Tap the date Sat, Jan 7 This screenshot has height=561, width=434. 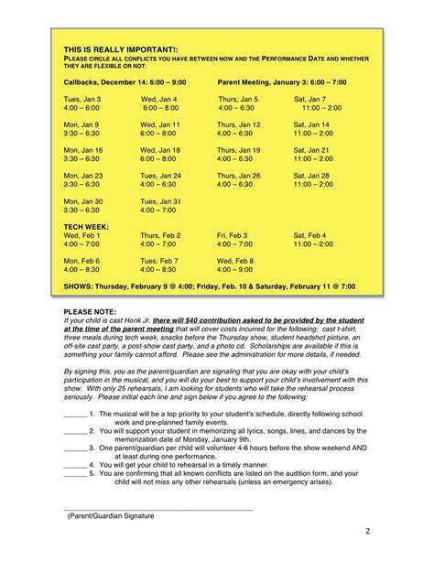(310, 99)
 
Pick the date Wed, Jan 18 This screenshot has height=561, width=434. (160, 150)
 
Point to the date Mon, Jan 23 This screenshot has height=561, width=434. (82, 175)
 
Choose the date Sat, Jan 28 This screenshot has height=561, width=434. (311, 175)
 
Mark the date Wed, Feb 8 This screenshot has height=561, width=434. (235, 261)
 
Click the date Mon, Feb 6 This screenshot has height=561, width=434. (81, 261)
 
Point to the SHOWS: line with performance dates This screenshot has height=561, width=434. (209, 286)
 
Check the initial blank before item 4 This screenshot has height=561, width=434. (74, 491)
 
